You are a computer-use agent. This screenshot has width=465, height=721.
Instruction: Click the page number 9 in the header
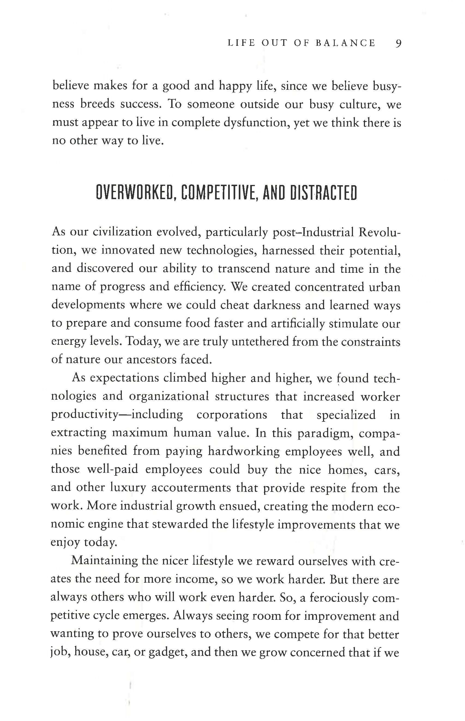[398, 44]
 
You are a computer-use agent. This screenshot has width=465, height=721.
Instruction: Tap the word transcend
[244, 269]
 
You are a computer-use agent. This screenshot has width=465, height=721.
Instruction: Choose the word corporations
[232, 415]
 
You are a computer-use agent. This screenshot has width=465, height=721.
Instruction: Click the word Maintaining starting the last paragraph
[104, 561]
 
